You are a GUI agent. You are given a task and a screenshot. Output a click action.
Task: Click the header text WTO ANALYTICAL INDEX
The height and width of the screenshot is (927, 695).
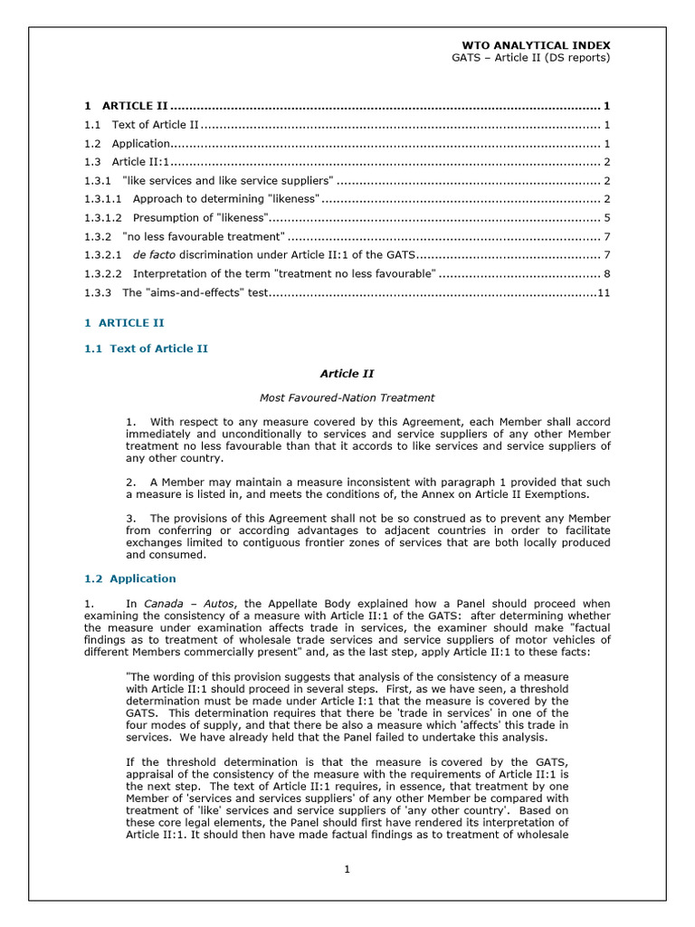tap(536, 44)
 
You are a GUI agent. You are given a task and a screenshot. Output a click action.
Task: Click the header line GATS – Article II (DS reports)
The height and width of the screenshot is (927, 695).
tap(531, 58)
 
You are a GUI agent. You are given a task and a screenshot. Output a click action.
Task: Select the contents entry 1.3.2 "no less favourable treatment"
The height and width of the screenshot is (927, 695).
tap(177, 237)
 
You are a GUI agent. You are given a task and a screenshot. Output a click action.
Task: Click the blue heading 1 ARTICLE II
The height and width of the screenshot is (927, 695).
tap(124, 323)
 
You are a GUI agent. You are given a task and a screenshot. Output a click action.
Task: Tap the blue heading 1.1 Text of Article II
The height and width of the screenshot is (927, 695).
tap(146, 349)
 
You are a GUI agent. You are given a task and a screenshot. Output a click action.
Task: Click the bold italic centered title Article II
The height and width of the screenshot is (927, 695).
tap(347, 374)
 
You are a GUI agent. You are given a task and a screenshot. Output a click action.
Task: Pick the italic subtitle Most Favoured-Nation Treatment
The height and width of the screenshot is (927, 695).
tap(347, 397)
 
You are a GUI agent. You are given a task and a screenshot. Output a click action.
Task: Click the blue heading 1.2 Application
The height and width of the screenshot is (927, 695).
tap(130, 579)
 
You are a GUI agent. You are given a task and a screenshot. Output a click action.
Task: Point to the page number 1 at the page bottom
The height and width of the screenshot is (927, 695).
tap(347, 870)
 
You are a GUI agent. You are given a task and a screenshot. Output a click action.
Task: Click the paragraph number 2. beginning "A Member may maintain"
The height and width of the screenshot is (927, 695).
tap(131, 483)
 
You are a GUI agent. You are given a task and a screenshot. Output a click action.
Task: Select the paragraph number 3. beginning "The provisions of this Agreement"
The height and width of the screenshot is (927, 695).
tap(131, 519)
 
